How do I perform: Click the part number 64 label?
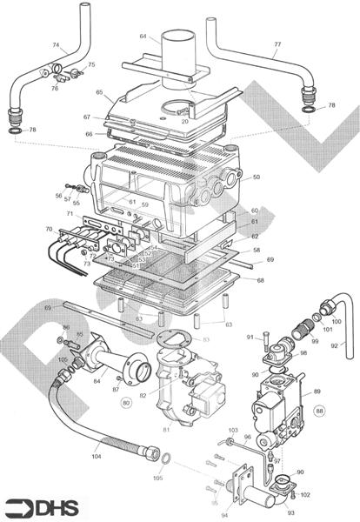coord(143,37)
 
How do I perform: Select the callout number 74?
coord(57,45)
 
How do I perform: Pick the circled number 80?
coord(126,402)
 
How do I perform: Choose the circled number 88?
coord(320,410)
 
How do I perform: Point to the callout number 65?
coord(100,92)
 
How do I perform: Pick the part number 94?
coord(225,515)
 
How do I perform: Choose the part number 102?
coord(304,495)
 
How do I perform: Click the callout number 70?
coord(49,230)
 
